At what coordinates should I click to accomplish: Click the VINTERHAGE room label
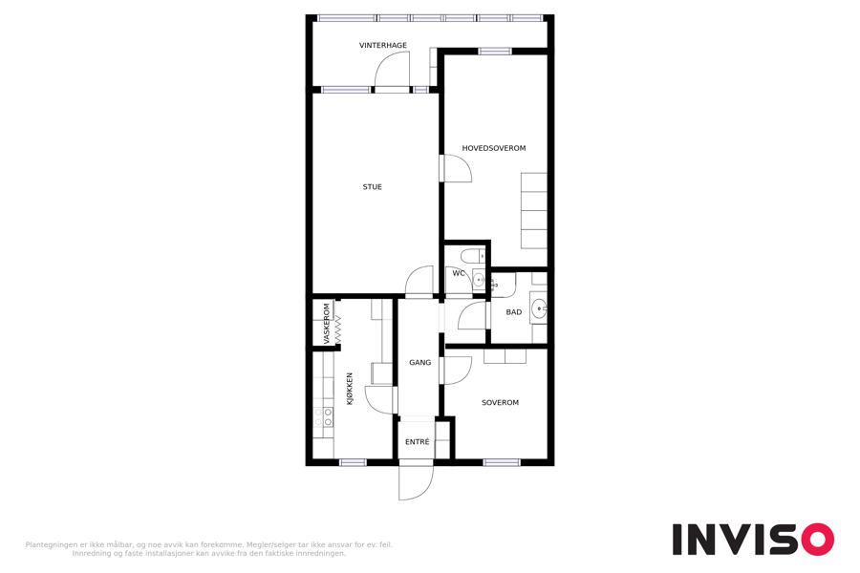tap(383, 46)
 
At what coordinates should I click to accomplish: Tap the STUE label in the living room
tap(373, 187)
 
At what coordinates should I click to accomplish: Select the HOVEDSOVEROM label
tap(494, 148)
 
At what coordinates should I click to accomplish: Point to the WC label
tap(459, 273)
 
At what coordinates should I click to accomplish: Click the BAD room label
tap(514, 312)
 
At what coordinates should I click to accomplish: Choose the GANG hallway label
tap(420, 363)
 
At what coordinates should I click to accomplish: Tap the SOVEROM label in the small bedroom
tap(500, 402)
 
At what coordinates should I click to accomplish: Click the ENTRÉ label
tap(418, 441)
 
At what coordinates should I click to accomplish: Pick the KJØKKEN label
tap(350, 389)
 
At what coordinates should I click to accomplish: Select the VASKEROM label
tap(327, 324)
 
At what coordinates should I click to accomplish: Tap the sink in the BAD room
tap(539, 308)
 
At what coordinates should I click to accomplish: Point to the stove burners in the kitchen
tap(323, 416)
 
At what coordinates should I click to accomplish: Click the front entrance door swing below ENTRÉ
tap(416, 482)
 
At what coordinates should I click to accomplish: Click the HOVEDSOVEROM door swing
tap(458, 168)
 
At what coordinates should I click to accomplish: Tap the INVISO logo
tap(753, 539)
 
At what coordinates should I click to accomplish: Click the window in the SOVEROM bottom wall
tap(502, 462)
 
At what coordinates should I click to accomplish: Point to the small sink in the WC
tap(479, 280)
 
